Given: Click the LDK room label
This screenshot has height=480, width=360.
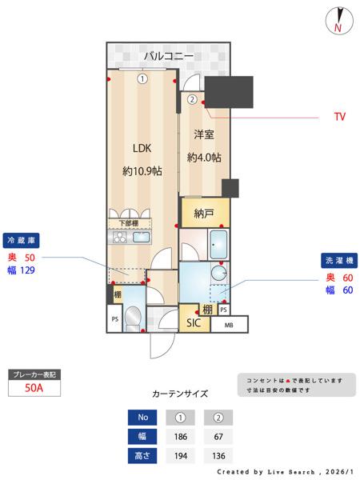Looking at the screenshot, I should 142,148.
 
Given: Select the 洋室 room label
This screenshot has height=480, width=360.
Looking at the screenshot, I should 204,135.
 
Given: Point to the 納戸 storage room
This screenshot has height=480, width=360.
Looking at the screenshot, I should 204,214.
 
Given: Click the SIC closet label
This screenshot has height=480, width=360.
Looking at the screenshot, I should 193,323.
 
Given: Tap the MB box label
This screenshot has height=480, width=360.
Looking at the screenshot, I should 230,325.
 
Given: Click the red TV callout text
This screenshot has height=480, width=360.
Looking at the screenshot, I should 339,117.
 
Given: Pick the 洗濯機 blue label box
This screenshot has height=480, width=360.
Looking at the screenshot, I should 339,261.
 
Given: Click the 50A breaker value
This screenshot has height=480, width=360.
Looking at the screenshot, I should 34,388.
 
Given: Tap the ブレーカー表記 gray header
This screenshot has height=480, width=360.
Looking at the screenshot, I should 34,374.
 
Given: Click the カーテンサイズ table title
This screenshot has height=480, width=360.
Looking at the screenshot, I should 180,394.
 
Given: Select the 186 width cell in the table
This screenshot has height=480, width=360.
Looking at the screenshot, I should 180,437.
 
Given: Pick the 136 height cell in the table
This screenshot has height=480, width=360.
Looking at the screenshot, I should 218,457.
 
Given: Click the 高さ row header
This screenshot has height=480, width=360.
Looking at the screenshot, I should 143,457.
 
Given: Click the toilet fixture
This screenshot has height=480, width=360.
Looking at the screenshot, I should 134,318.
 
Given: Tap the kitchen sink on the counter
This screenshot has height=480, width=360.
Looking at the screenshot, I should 141,238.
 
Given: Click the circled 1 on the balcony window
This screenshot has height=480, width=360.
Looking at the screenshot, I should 142,78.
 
